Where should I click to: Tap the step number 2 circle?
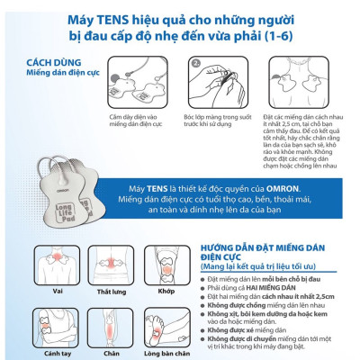194,65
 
